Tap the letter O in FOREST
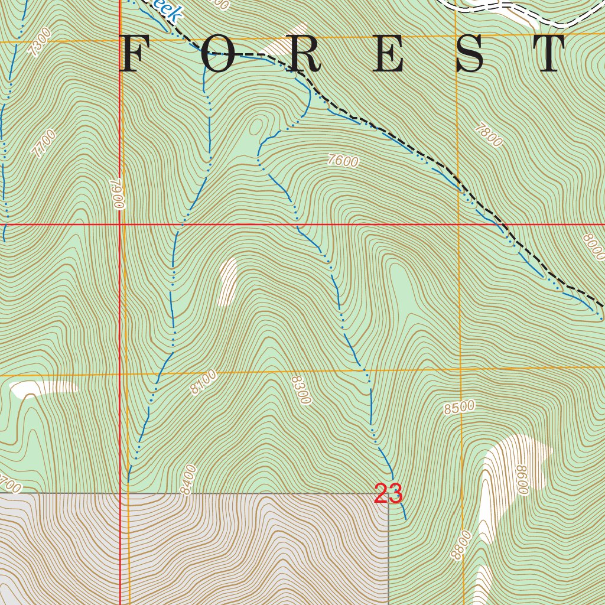(218, 54)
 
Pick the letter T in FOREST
(554, 54)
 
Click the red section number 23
(388, 494)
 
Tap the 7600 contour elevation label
(343, 161)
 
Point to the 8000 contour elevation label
(593, 246)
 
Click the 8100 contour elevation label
(204, 382)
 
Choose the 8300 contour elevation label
(300, 389)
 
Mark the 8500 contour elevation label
(459, 408)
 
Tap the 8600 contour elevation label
(521, 479)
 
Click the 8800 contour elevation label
(461, 545)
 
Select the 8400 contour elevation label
(188, 480)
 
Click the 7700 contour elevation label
(44, 144)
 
